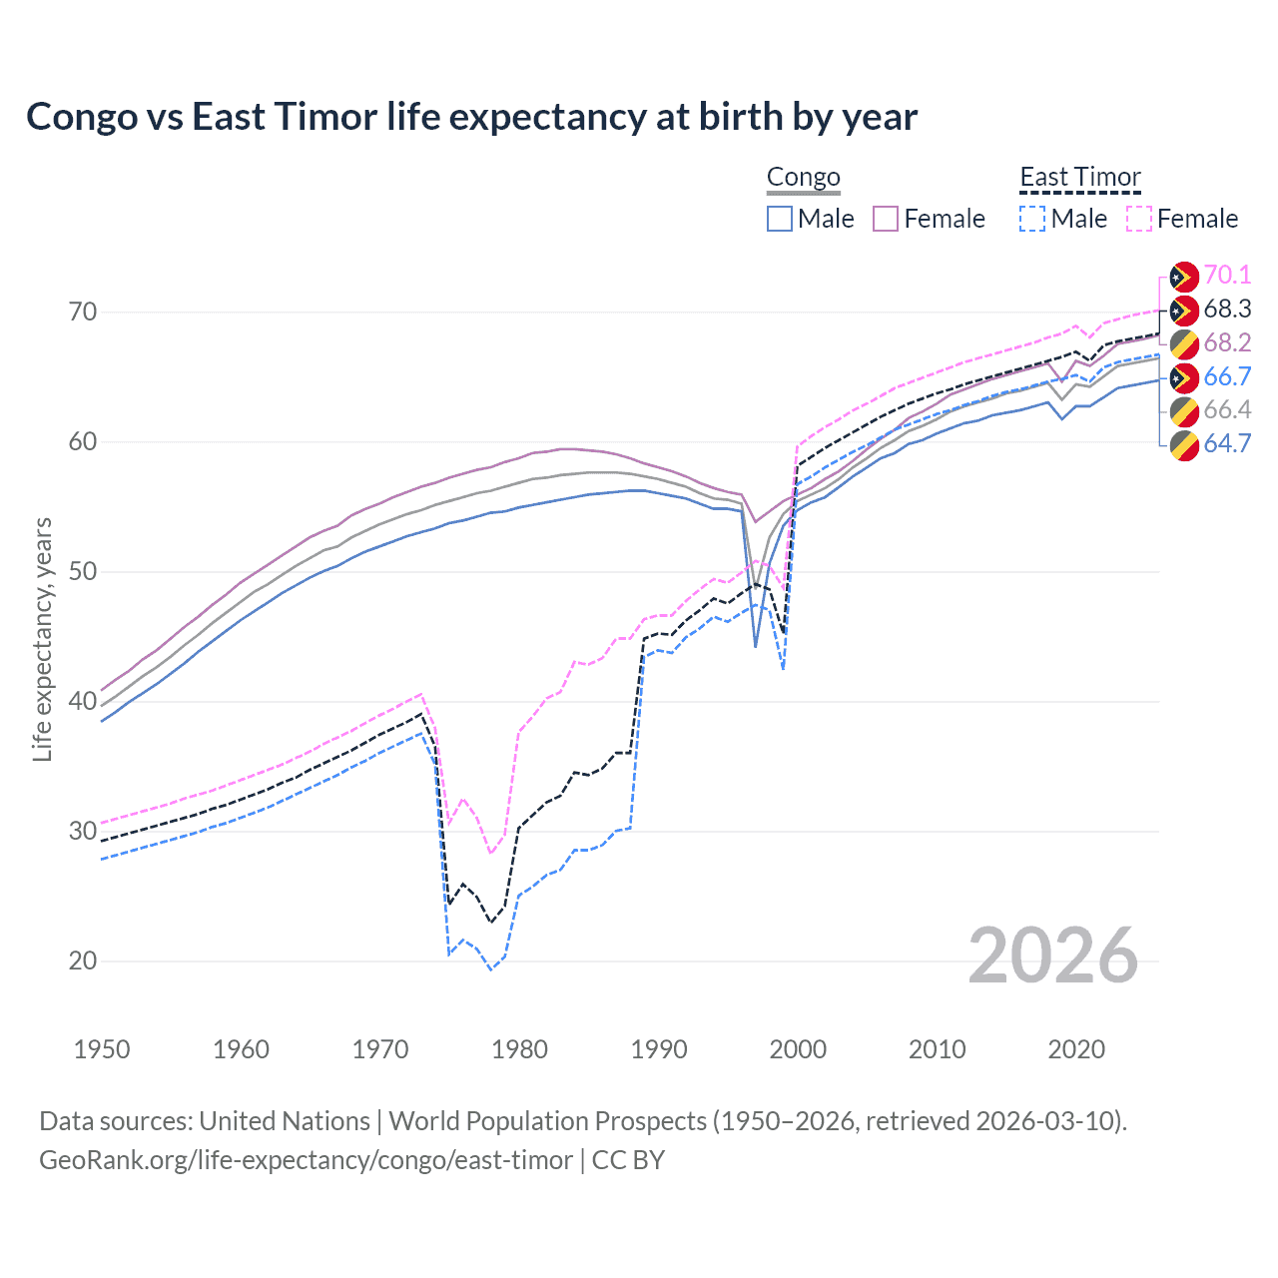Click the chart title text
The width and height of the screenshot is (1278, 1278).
(471, 117)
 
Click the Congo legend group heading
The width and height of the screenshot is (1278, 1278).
(803, 178)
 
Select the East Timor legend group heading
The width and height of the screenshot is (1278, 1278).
(1079, 178)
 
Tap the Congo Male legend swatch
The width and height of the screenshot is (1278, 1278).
(780, 219)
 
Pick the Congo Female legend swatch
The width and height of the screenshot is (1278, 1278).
(886, 219)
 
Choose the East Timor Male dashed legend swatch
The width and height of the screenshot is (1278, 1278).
(1032, 219)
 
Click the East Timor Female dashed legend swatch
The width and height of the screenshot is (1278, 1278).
(1139, 219)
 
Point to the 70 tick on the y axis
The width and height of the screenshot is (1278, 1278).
(83, 312)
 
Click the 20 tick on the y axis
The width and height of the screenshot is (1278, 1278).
(83, 960)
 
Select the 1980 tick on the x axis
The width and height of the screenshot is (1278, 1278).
(519, 1049)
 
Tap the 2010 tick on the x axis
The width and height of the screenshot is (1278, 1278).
(937, 1049)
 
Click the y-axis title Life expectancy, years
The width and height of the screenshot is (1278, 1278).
(42, 639)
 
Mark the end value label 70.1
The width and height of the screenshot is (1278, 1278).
(1227, 275)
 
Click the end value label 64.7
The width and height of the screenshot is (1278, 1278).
(1227, 443)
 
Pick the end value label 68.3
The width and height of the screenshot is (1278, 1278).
(1227, 309)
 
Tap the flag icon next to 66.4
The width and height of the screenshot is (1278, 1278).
(1184, 410)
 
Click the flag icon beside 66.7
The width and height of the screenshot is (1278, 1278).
(1184, 377)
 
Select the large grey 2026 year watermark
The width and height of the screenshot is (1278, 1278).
(1052, 956)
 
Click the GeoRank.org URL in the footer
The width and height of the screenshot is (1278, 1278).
(306, 1160)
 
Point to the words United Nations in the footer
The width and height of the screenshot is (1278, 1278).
(285, 1121)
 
